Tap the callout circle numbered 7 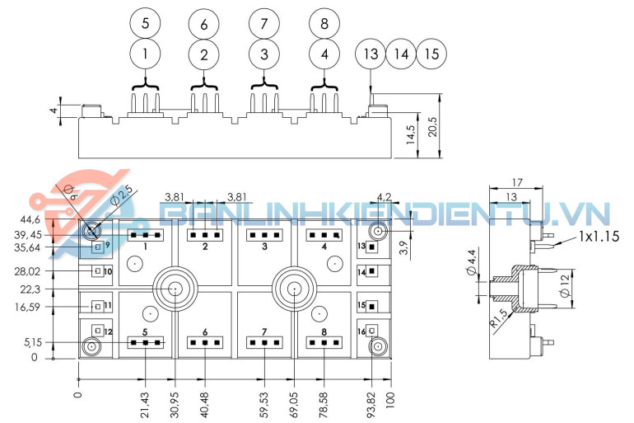(x=264, y=23)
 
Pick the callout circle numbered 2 (x=204, y=56)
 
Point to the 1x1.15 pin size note (x=599, y=236)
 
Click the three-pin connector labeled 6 (x=204, y=342)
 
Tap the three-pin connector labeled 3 (x=263, y=235)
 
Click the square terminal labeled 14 (x=372, y=271)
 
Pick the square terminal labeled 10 (x=97, y=271)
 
